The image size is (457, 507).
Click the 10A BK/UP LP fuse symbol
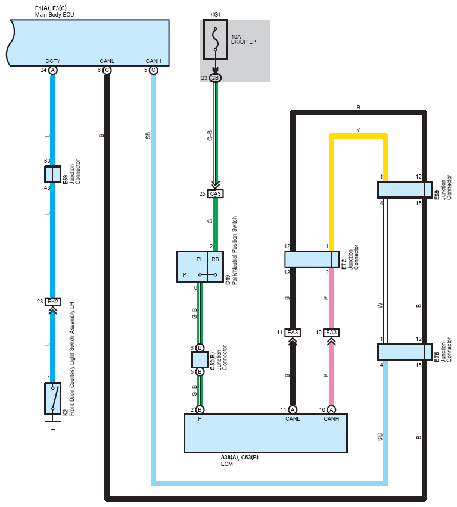click(215, 39)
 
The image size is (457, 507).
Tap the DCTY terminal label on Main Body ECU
click(53, 61)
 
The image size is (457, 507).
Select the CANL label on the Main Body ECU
click(107, 61)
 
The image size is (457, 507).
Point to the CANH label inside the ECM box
click(331, 419)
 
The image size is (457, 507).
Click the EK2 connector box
click(53, 302)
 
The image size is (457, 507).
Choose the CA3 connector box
click(215, 193)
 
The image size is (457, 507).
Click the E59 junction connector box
click(52, 174)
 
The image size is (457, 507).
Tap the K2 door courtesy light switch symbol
click(52, 398)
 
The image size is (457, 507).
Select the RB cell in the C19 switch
click(215, 259)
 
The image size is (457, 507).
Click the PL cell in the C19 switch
click(200, 259)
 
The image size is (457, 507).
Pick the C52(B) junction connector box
click(200, 359)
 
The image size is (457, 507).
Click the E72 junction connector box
click(312, 259)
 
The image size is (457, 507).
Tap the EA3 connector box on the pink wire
click(331, 333)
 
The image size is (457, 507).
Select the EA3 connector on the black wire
click(293, 333)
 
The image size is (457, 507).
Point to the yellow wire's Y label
click(358, 130)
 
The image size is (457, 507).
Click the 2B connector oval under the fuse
click(215, 78)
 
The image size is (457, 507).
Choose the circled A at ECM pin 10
click(331, 409)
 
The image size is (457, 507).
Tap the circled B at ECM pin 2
click(200, 409)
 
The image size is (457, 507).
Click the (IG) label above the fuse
click(215, 14)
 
